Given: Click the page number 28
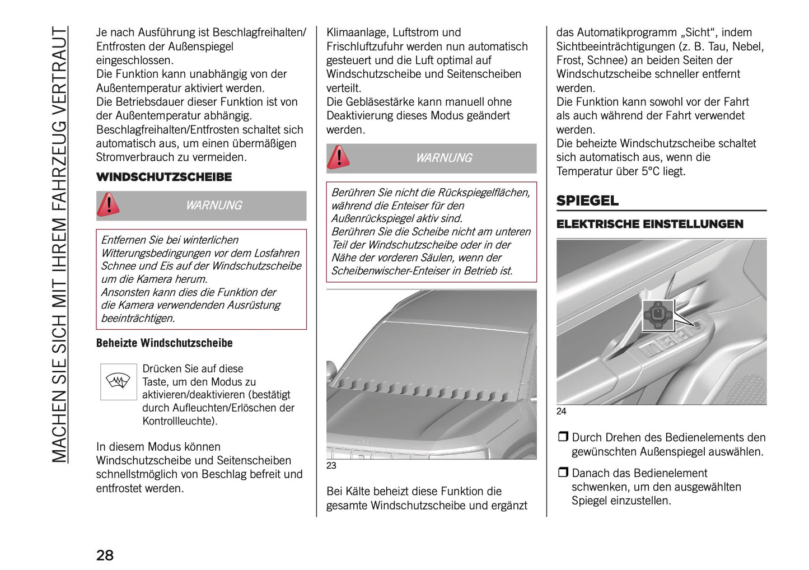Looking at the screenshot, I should point(105,555).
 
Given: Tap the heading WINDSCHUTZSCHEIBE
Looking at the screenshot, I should point(163,177).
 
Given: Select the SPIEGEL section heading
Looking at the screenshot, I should point(587,200).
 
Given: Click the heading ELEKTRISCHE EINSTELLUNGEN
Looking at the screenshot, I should point(649,224).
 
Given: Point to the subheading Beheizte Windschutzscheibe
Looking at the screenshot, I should point(164,343).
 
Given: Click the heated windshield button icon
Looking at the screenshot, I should point(118,382).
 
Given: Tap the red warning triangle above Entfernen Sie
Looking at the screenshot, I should point(108,205).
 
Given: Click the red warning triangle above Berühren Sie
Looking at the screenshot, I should point(338,157).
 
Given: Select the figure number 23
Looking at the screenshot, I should point(331,465).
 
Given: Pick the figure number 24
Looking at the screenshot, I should point(561,411).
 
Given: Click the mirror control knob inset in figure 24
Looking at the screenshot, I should point(658,315).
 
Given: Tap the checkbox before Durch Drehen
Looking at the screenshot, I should point(563,437).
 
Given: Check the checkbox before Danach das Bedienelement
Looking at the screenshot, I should point(563,473).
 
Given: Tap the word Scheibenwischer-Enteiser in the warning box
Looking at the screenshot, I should point(392,270).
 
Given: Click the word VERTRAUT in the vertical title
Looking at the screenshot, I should point(59,64).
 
